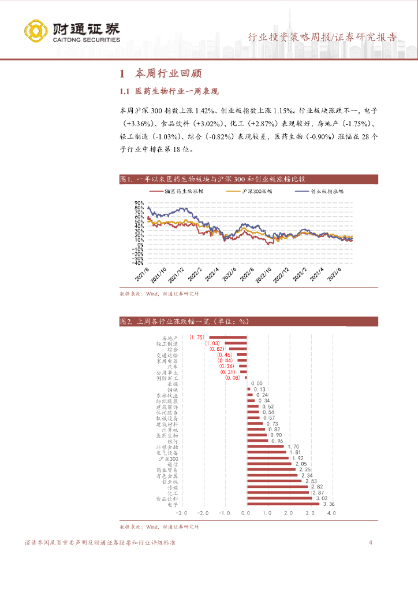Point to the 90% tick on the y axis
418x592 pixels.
139,202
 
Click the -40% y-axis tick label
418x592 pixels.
138,262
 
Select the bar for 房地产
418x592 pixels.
227,337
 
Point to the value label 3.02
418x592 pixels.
320,498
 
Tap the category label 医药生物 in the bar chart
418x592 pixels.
167,435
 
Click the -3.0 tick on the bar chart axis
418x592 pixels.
182,513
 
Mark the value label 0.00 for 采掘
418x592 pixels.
256,383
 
